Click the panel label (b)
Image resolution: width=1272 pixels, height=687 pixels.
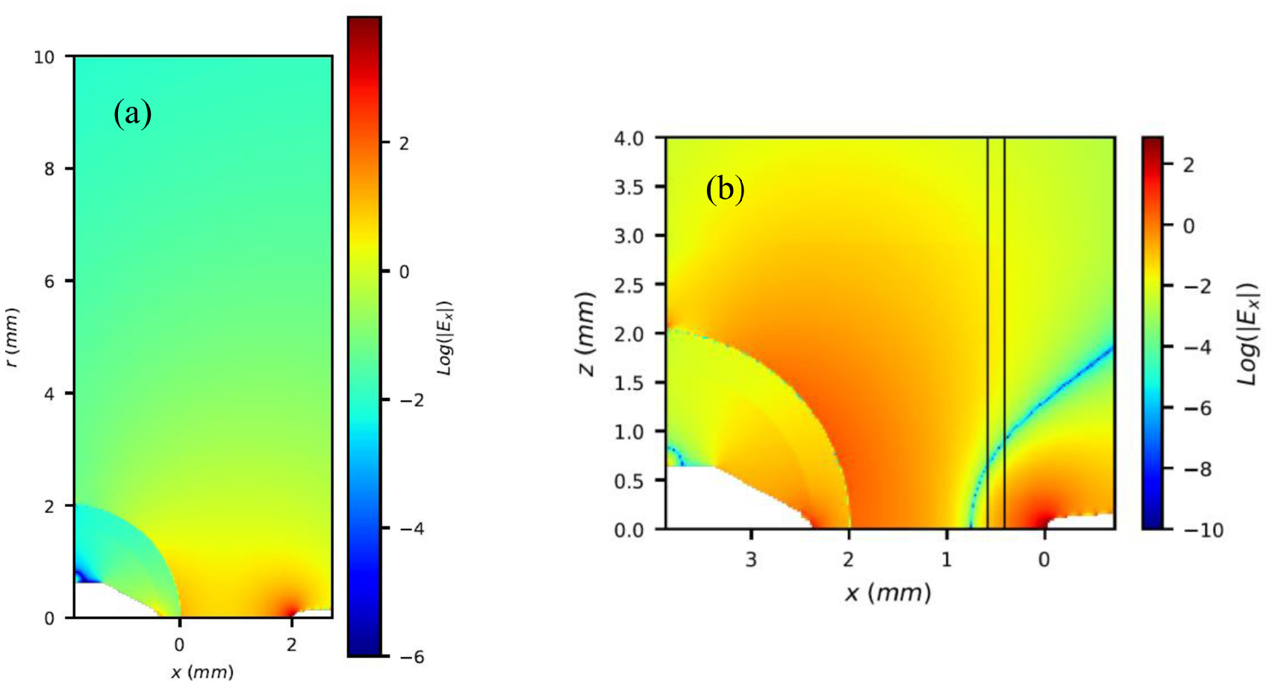point(725,190)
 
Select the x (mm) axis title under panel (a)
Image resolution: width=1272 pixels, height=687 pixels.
point(202,672)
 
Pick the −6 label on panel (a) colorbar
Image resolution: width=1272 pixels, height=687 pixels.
point(409,657)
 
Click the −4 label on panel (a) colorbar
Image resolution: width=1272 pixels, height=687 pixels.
point(409,529)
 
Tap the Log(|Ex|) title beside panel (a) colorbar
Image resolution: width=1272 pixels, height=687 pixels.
point(445,338)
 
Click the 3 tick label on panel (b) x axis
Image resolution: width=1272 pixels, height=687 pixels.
point(751,559)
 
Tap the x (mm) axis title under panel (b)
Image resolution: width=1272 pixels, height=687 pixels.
point(888,593)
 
